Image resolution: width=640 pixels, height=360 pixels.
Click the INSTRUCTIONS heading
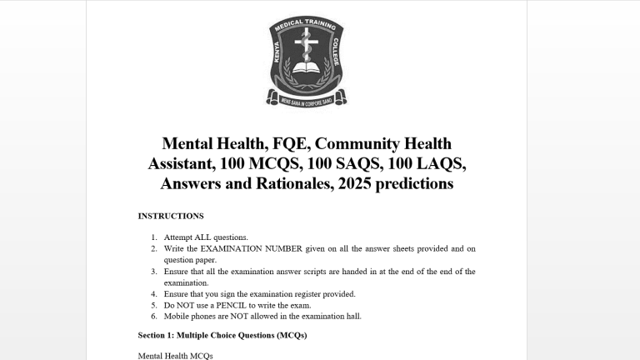(170, 216)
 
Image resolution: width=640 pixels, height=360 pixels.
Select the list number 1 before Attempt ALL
(154, 237)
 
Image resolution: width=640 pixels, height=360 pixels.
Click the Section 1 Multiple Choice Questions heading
(222, 335)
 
